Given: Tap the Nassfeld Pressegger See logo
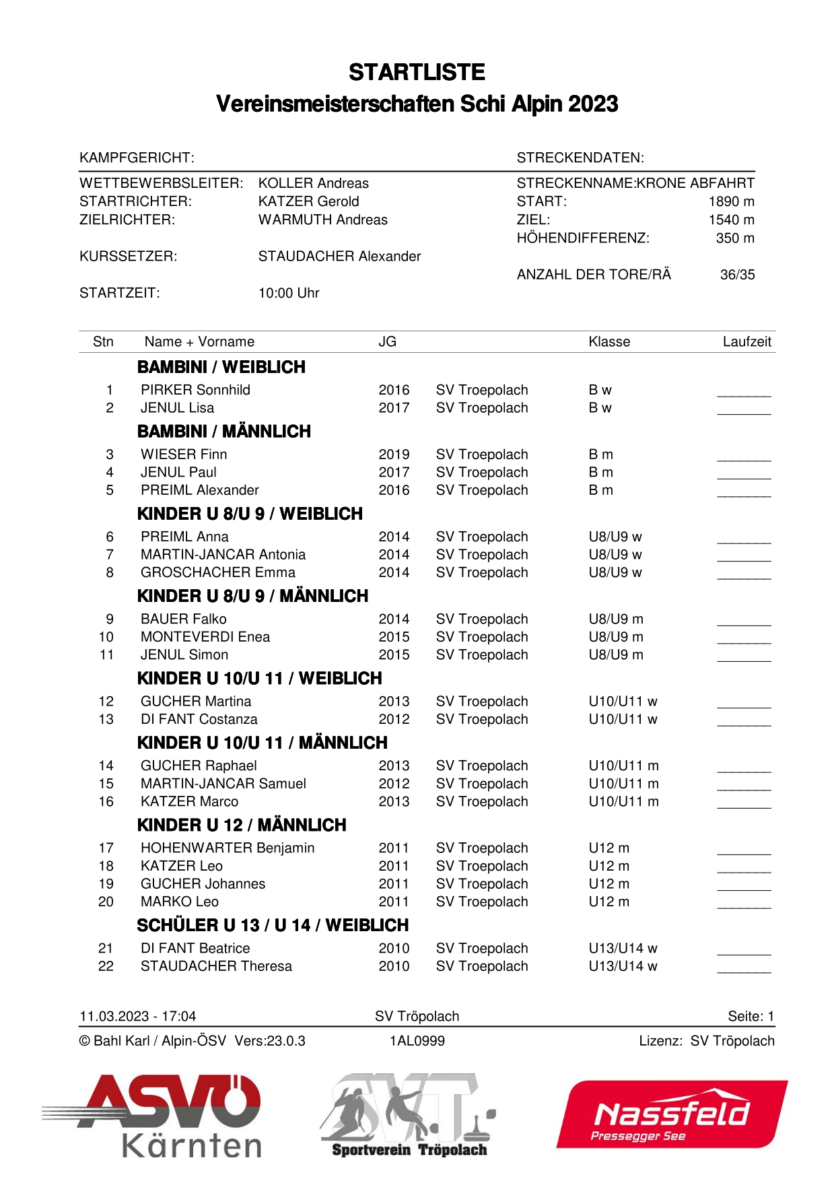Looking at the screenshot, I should (x=672, y=1115).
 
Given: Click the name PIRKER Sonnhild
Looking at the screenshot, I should (x=195, y=390).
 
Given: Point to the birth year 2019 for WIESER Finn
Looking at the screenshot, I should (x=394, y=454).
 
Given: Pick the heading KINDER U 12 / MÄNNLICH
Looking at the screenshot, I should (x=242, y=825).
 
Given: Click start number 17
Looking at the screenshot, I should (x=106, y=848).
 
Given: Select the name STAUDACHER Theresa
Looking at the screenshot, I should (x=216, y=966).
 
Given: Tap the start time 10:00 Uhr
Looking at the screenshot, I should (x=289, y=293).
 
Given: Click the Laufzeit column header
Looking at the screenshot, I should (x=746, y=341).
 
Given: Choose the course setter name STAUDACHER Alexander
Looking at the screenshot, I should (x=339, y=256).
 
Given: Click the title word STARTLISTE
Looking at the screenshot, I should (x=417, y=72).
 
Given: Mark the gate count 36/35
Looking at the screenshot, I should (x=737, y=275).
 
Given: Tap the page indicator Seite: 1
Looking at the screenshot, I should (x=751, y=1016).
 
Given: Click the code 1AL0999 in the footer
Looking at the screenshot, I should (x=417, y=1041).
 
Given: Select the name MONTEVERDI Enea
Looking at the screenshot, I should (x=205, y=637).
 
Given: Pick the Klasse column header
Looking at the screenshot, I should (x=609, y=341).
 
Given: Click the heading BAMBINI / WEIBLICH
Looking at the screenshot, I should (x=221, y=367).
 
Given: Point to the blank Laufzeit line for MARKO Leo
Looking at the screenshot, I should (x=744, y=906).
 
